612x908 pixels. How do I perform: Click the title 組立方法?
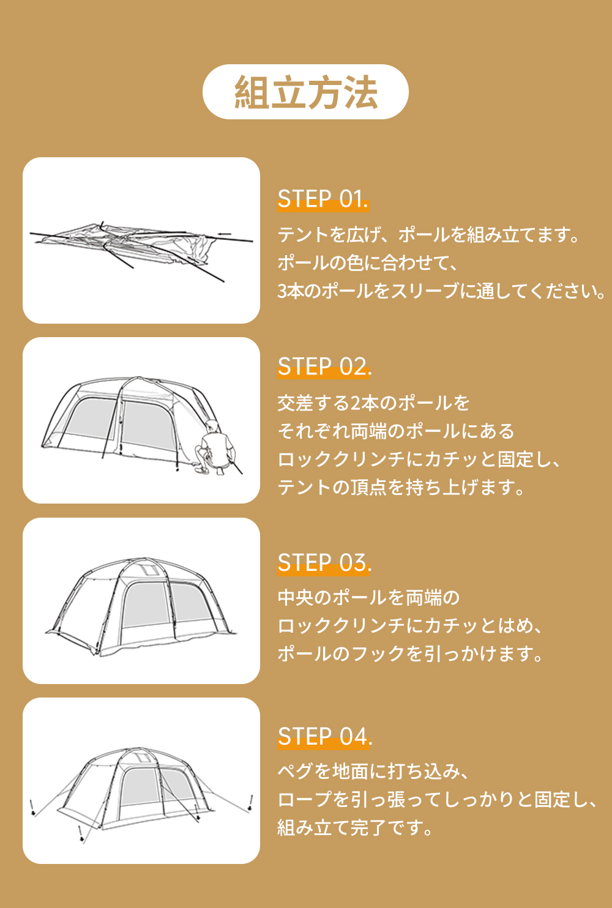click(x=306, y=92)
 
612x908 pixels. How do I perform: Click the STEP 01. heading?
click(x=323, y=199)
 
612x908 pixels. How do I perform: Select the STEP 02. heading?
click(x=324, y=367)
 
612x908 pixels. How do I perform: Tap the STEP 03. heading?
click(x=324, y=562)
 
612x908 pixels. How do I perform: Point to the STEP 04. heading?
click(x=324, y=736)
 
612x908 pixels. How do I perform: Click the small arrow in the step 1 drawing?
click(x=225, y=234)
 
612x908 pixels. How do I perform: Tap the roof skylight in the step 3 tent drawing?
click(x=149, y=570)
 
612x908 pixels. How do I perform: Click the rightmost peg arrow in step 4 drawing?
click(x=250, y=803)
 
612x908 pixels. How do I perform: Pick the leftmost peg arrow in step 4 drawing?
click(x=32, y=807)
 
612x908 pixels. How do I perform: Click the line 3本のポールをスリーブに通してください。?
click(x=441, y=291)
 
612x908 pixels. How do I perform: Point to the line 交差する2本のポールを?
click(x=373, y=403)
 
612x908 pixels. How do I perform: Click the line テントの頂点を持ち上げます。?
click(x=401, y=487)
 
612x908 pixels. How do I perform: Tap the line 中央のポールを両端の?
click(x=368, y=598)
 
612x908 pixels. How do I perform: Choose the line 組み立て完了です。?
click(x=356, y=827)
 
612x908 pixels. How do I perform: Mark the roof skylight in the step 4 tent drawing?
click(x=141, y=758)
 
